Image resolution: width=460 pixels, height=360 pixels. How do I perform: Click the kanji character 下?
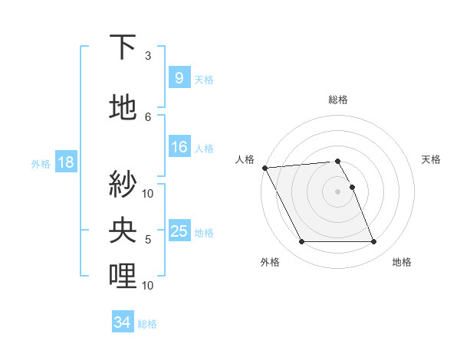pyautogui.click(x=123, y=47)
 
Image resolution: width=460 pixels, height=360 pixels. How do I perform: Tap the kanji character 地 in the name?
pyautogui.click(x=123, y=108)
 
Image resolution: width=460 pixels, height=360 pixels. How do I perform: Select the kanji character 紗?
pyautogui.click(x=123, y=183)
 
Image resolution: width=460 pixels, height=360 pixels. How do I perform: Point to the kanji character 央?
pyautogui.click(x=123, y=229)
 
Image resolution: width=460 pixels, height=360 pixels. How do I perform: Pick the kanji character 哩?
pyautogui.click(x=123, y=275)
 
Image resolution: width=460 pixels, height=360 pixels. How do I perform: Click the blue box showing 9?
pyautogui.click(x=179, y=77)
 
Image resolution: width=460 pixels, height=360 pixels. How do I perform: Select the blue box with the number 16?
pyautogui.click(x=179, y=147)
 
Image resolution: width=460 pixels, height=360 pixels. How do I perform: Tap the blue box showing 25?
pyautogui.click(x=179, y=231)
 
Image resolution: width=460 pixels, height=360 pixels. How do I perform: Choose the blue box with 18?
pyautogui.click(x=65, y=162)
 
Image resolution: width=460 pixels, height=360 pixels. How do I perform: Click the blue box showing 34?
pyautogui.click(x=123, y=323)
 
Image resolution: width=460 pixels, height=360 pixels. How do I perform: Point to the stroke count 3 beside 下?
pyautogui.click(x=148, y=56)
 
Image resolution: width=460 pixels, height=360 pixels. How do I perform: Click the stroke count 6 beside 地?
pyautogui.click(x=148, y=116)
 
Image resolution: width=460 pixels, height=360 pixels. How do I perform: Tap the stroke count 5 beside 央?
pyautogui.click(x=148, y=240)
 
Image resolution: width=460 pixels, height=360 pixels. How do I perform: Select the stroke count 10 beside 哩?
pyautogui.click(x=148, y=285)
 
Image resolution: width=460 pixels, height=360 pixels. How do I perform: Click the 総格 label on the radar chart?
pyautogui.click(x=338, y=100)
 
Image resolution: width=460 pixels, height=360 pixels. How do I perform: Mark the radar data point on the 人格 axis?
pyautogui.click(x=264, y=168)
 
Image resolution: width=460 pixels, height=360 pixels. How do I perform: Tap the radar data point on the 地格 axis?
pyautogui.click(x=373, y=242)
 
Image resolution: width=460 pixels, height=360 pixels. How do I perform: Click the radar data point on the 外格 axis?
pyautogui.click(x=301, y=242)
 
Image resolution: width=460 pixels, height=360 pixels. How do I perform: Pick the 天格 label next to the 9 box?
pyautogui.click(x=204, y=79)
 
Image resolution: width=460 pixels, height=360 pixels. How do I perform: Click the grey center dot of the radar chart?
pyautogui.click(x=337, y=191)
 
